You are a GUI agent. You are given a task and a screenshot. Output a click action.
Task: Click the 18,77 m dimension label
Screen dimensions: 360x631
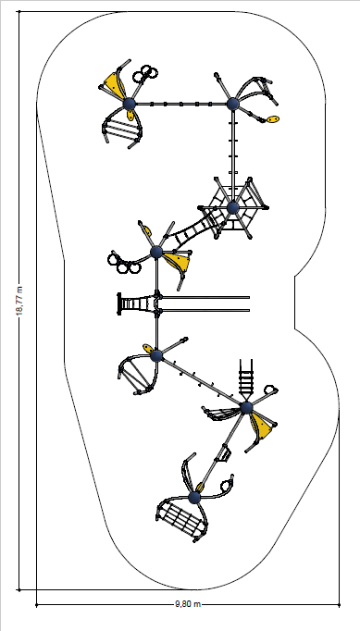pyautogui.click(x=19, y=301)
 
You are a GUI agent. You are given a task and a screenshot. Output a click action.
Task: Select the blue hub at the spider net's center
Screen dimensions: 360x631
pyautogui.click(x=233, y=208)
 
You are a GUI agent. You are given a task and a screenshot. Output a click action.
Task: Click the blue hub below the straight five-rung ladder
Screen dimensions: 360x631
pyautogui.click(x=246, y=408)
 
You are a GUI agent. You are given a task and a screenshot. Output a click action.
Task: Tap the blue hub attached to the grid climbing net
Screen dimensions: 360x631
pyautogui.click(x=194, y=498)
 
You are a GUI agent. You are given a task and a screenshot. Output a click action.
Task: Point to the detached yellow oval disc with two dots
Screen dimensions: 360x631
pyautogui.click(x=273, y=119)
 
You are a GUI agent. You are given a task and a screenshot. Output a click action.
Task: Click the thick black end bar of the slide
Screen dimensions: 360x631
pyautogui.click(x=119, y=303)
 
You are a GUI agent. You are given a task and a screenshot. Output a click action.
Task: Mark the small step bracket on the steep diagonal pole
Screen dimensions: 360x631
pyautogui.click(x=223, y=454)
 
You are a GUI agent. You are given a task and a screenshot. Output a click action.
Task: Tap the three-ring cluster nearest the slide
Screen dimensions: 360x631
pyautogui.click(x=123, y=264)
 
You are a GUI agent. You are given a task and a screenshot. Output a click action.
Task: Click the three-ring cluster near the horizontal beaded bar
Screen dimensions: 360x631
pyautogui.click(x=145, y=73)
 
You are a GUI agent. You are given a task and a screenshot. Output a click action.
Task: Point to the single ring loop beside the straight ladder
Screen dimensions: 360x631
pyautogui.click(x=270, y=390)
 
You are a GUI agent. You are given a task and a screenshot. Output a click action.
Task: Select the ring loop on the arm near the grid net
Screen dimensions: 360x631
pyautogui.click(x=227, y=485)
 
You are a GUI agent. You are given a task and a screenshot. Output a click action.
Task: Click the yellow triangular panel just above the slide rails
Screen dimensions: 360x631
pyautogui.click(x=177, y=261)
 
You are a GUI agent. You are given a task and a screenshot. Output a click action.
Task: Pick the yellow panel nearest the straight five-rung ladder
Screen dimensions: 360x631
pyautogui.click(x=262, y=427)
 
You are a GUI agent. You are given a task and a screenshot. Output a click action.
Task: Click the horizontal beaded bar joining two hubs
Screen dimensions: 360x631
pyautogui.click(x=180, y=104)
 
